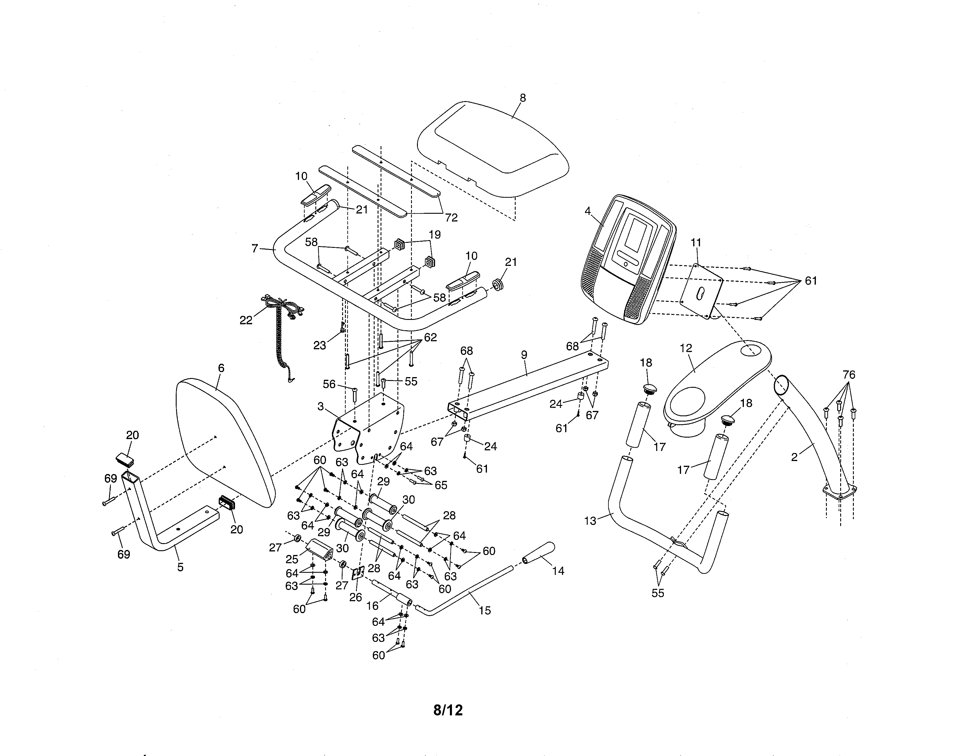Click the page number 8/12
tap(448, 710)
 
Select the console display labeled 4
tap(627, 260)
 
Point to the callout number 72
tap(451, 218)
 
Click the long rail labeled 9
tap(528, 385)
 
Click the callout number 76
tap(848, 374)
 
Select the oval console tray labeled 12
tap(717, 381)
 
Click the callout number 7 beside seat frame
tap(255, 248)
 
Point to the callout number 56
tap(329, 384)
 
